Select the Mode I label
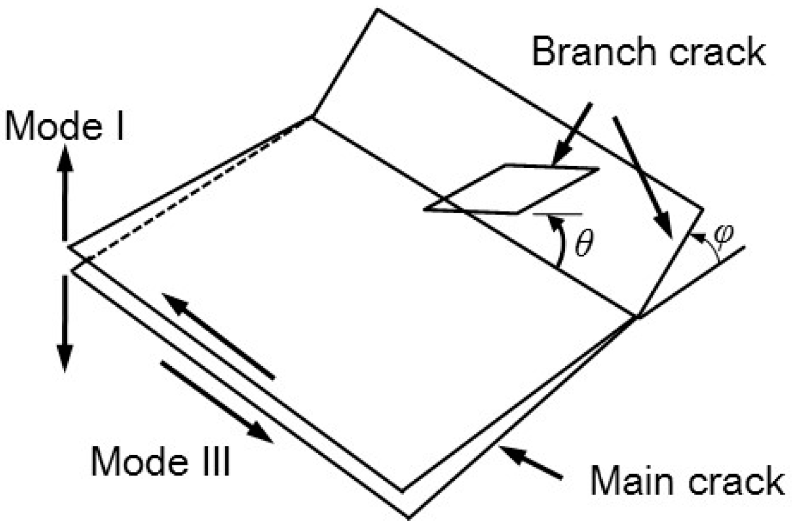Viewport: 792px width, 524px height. pos(64,127)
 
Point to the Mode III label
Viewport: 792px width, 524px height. pos(160,461)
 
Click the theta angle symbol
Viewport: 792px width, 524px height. pos(584,244)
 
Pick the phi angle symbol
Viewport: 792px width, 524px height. pos(724,233)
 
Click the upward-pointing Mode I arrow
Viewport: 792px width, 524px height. pos(65,188)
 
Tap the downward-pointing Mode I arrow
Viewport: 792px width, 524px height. pos(65,321)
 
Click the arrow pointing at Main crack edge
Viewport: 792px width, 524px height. pos(532,462)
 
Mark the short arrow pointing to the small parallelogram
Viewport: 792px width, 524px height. pos(574,132)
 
